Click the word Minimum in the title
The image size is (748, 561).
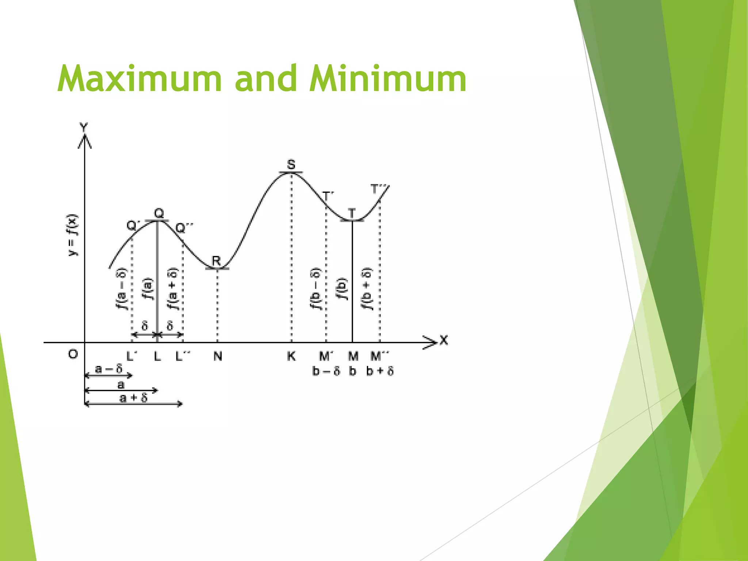[388, 79]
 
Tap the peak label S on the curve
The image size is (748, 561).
[291, 165]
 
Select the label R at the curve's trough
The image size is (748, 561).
[217, 261]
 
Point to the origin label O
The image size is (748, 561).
[73, 354]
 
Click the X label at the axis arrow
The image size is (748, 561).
[444, 340]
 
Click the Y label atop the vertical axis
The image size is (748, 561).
[84, 127]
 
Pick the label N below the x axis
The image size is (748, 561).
[218, 356]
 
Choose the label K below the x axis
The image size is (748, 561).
[291, 356]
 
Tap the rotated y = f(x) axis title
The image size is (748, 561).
[73, 236]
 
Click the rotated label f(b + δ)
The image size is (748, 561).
[367, 289]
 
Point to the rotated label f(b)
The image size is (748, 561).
[342, 289]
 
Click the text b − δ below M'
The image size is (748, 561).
[326, 371]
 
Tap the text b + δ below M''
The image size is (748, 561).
[380, 371]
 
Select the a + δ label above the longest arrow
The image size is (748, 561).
[133, 397]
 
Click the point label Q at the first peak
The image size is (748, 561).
[159, 213]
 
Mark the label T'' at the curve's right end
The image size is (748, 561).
[378, 189]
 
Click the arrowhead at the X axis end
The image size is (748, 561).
[431, 342]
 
